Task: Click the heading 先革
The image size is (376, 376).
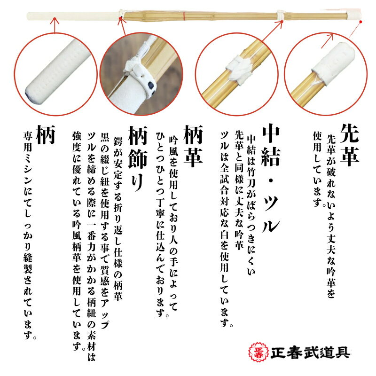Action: [349, 144]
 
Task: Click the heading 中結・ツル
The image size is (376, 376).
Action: [271, 178]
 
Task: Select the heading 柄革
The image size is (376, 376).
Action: [193, 146]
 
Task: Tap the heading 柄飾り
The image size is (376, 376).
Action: [138, 158]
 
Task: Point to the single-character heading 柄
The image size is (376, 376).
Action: [46, 134]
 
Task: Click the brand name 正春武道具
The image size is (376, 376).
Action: [310, 353]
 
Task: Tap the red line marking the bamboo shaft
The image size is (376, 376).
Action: [184, 16]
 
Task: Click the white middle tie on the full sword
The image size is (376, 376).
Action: [281, 16]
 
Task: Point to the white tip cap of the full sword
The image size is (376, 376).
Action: [353, 15]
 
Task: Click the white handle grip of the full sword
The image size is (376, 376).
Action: [74, 16]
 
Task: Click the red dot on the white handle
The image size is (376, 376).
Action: [55, 18]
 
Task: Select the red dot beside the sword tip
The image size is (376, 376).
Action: [360, 22]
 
